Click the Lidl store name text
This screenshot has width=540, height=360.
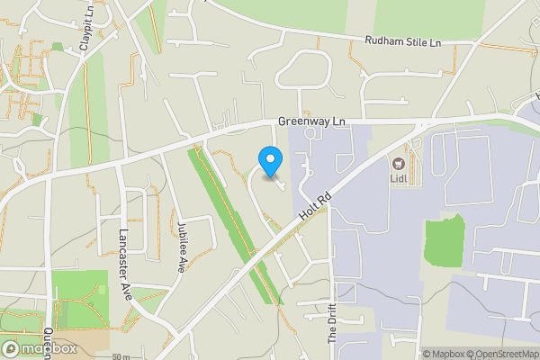[399, 178]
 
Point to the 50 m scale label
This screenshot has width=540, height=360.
[121, 356]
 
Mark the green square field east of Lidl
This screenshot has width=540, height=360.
[443, 241]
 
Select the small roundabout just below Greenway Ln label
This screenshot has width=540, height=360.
[311, 133]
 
